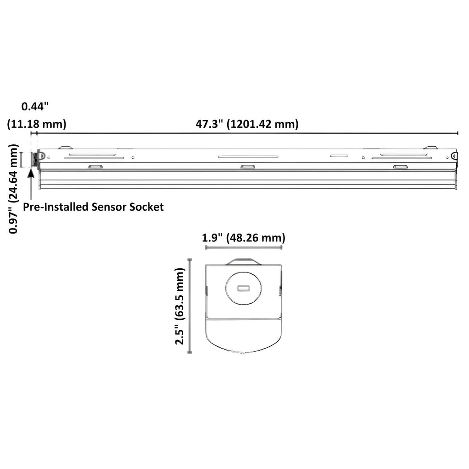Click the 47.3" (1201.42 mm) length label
[247, 124]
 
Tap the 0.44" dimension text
[35, 106]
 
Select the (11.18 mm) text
[37, 124]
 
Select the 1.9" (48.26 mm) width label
[243, 238]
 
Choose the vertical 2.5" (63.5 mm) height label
[180, 306]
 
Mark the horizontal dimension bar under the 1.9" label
[243, 247]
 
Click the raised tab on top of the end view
[243, 262]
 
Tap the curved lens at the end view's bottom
[243, 339]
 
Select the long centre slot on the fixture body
[247, 157]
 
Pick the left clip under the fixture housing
[95, 167]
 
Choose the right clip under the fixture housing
[400, 167]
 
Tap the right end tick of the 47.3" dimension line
[458, 133]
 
